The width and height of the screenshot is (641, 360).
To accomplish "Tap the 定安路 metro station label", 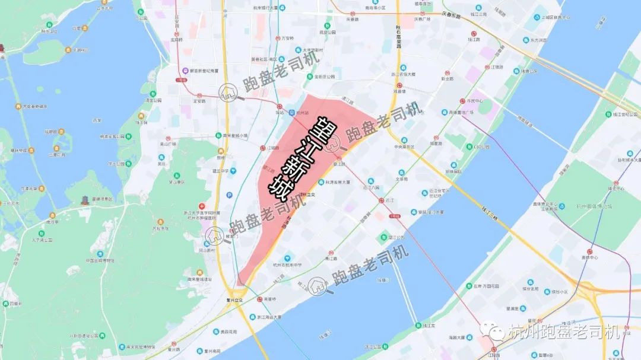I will coord(199,101).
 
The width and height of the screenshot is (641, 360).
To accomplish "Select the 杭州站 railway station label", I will coord(302,112).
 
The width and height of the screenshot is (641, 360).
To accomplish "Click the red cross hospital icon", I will coord(202,205).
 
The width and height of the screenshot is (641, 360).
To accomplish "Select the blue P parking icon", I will coord(229,195).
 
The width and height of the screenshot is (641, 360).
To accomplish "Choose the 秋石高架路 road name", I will coord(398,36).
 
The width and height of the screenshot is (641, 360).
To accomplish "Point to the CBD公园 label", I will coord(481,146).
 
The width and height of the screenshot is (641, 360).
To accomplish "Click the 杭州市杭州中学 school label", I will coord(287,265).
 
